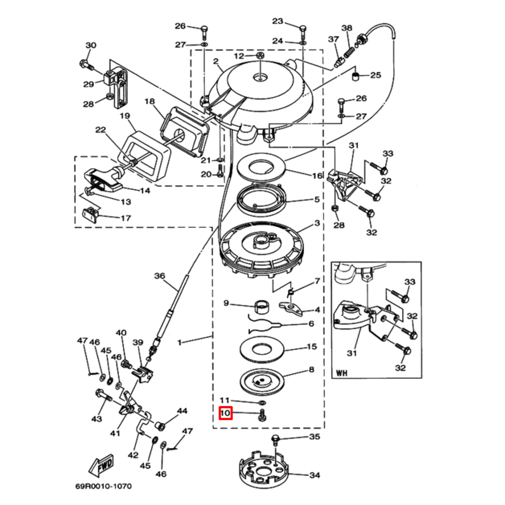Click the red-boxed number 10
[x=225, y=413]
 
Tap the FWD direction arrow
[x=102, y=465]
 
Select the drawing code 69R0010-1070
[x=103, y=487]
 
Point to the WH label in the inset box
[x=342, y=374]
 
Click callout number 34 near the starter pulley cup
[x=315, y=475]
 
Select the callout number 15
[x=312, y=347]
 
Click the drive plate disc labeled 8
[x=262, y=380]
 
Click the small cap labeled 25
[x=356, y=76]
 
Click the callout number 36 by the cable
[x=160, y=276]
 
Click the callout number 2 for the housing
[x=215, y=62]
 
